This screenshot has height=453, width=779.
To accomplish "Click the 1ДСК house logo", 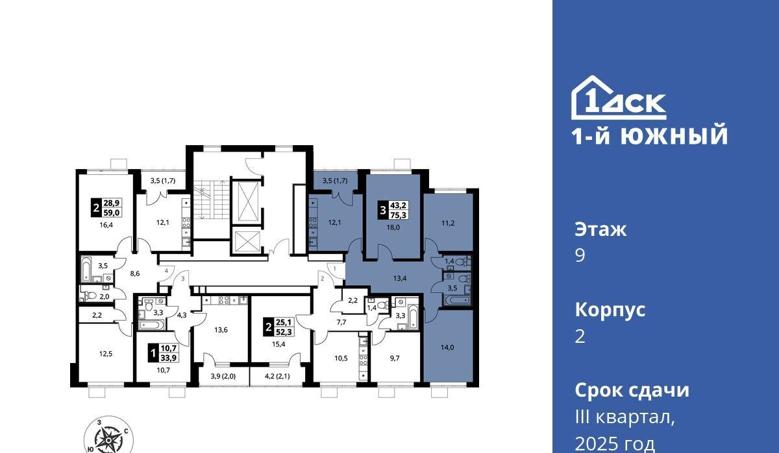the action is (618, 98).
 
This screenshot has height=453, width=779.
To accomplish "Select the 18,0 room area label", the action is (393, 227).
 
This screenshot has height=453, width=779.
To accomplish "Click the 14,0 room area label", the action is (447, 347).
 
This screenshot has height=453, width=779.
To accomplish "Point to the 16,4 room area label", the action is (106, 225).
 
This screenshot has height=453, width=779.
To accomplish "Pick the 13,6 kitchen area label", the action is (221, 330).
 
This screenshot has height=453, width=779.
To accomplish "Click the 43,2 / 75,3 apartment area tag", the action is (393, 210).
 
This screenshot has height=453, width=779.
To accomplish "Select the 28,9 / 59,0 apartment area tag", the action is (106, 207).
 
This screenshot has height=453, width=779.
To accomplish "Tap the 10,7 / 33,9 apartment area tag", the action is (164, 353).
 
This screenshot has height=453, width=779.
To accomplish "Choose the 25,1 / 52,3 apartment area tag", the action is (279, 327).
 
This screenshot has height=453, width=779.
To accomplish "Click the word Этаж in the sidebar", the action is (600, 230).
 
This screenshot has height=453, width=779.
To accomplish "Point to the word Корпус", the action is (610, 310).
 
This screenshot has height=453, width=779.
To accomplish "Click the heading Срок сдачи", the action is (632, 390).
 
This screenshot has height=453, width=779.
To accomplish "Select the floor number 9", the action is (580, 256).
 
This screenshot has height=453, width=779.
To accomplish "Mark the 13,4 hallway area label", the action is (400, 278).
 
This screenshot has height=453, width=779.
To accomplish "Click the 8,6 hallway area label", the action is (135, 273).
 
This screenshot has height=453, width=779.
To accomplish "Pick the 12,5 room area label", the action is (106, 354).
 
